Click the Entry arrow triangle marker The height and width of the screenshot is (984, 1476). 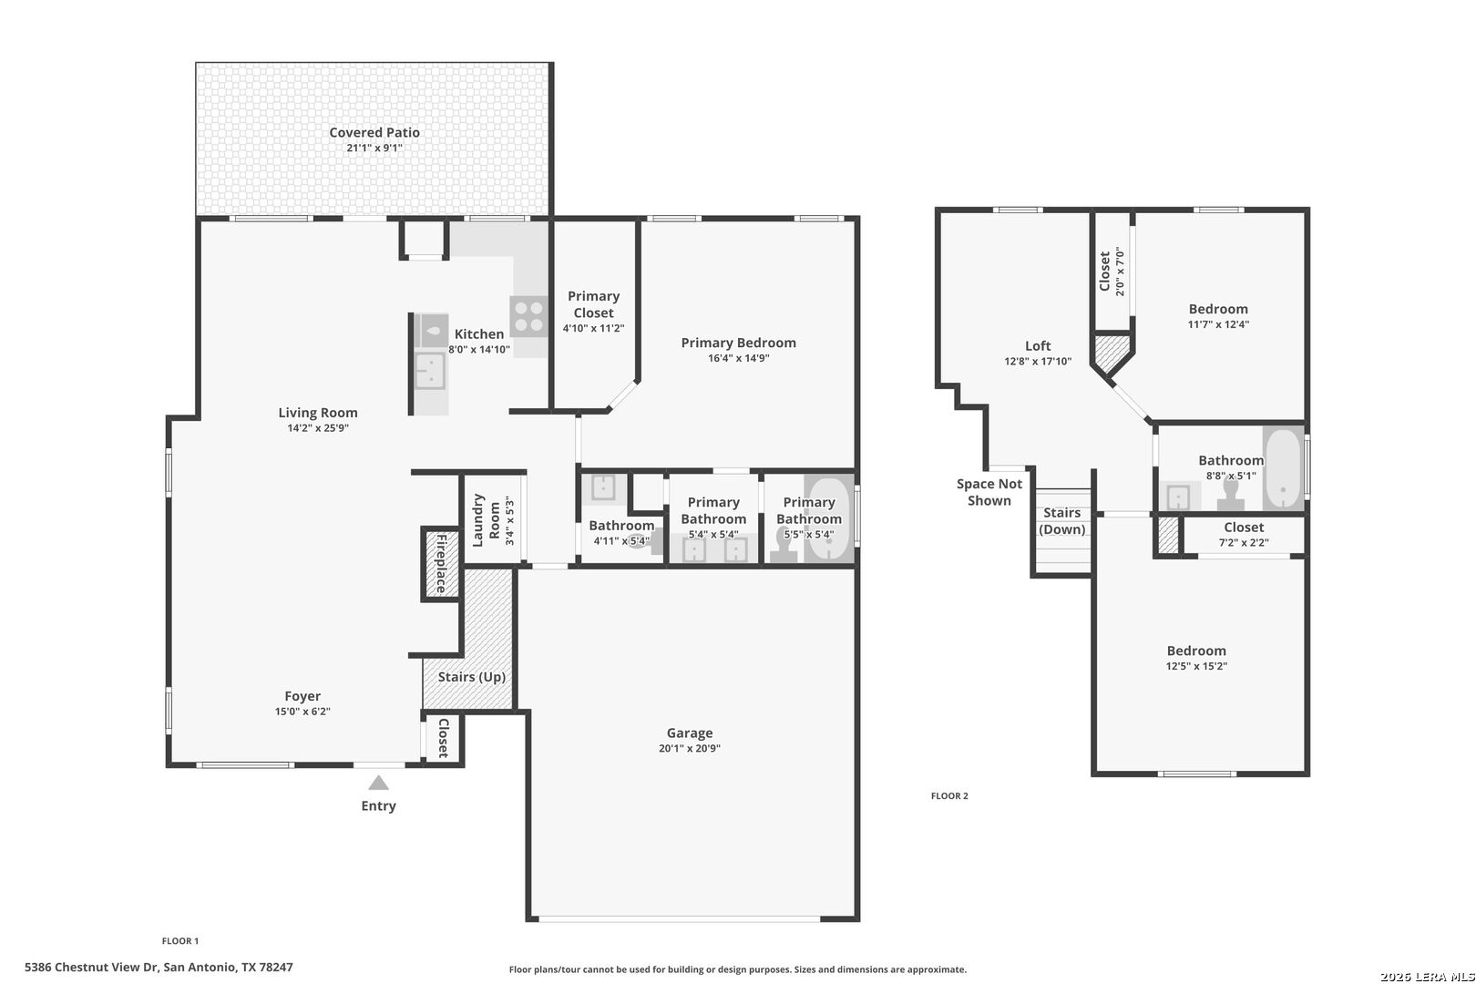pyautogui.click(x=378, y=783)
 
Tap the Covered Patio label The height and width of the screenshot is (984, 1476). pyautogui.click(x=374, y=132)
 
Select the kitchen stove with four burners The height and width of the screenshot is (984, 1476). pyautogui.click(x=528, y=316)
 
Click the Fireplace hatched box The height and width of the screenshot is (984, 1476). pyautogui.click(x=441, y=563)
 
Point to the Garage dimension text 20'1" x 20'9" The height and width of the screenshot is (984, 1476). pyautogui.click(x=689, y=748)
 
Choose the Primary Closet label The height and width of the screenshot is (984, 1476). pyautogui.click(x=593, y=304)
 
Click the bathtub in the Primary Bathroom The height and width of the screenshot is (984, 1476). pyautogui.click(x=829, y=519)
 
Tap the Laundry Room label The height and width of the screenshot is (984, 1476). pyautogui.click(x=487, y=520)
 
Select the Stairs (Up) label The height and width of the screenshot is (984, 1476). pyautogui.click(x=472, y=677)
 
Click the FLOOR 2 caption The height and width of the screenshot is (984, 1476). pyautogui.click(x=949, y=795)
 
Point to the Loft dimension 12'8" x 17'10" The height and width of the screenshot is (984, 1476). pyautogui.click(x=1038, y=361)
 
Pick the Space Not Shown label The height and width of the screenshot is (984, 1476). pyautogui.click(x=989, y=492)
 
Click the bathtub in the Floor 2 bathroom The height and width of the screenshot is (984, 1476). pyautogui.click(x=1284, y=468)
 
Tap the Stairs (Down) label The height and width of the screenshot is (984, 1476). pyautogui.click(x=1061, y=520)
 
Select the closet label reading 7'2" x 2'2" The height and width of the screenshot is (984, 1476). pyautogui.click(x=1244, y=542)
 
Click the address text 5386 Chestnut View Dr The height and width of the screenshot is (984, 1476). pyautogui.click(x=92, y=967)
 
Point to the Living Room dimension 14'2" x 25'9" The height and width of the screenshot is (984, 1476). pyautogui.click(x=318, y=427)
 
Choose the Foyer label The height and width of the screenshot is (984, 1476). pyautogui.click(x=302, y=696)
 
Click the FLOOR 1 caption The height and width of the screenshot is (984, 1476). pyautogui.click(x=179, y=940)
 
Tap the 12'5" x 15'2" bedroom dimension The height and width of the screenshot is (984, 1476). pyautogui.click(x=1196, y=666)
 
